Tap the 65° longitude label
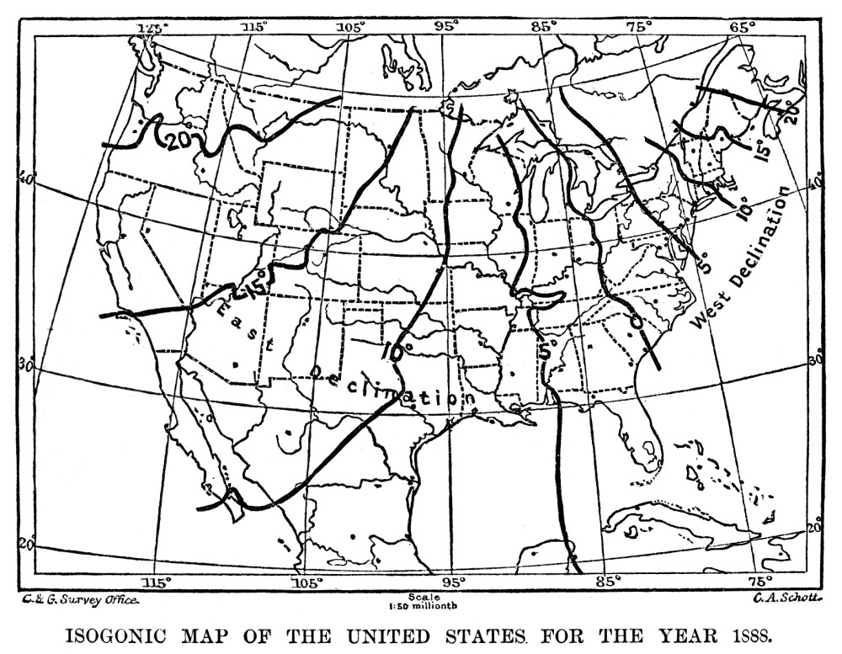[x=742, y=28]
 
